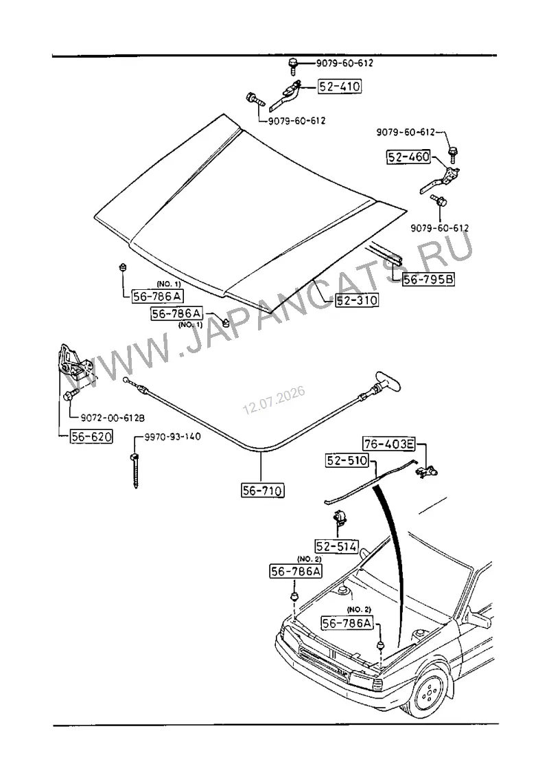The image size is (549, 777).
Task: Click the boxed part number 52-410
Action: (340, 87)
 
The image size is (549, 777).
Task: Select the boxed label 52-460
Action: (408, 157)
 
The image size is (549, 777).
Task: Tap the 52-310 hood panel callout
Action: (357, 300)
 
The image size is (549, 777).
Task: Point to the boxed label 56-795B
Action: (429, 280)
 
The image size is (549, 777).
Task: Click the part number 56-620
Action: (91, 436)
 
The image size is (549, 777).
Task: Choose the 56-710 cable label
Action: (263, 491)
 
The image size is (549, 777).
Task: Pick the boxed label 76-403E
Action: (389, 444)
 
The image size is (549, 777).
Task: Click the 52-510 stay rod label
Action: (347, 461)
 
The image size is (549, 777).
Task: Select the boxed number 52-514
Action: (337, 547)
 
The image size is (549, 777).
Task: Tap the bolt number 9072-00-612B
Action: (106, 418)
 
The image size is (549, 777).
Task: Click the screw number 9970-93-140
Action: (172, 436)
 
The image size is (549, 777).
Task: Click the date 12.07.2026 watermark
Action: (274, 401)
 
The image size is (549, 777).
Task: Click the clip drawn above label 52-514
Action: (340, 517)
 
